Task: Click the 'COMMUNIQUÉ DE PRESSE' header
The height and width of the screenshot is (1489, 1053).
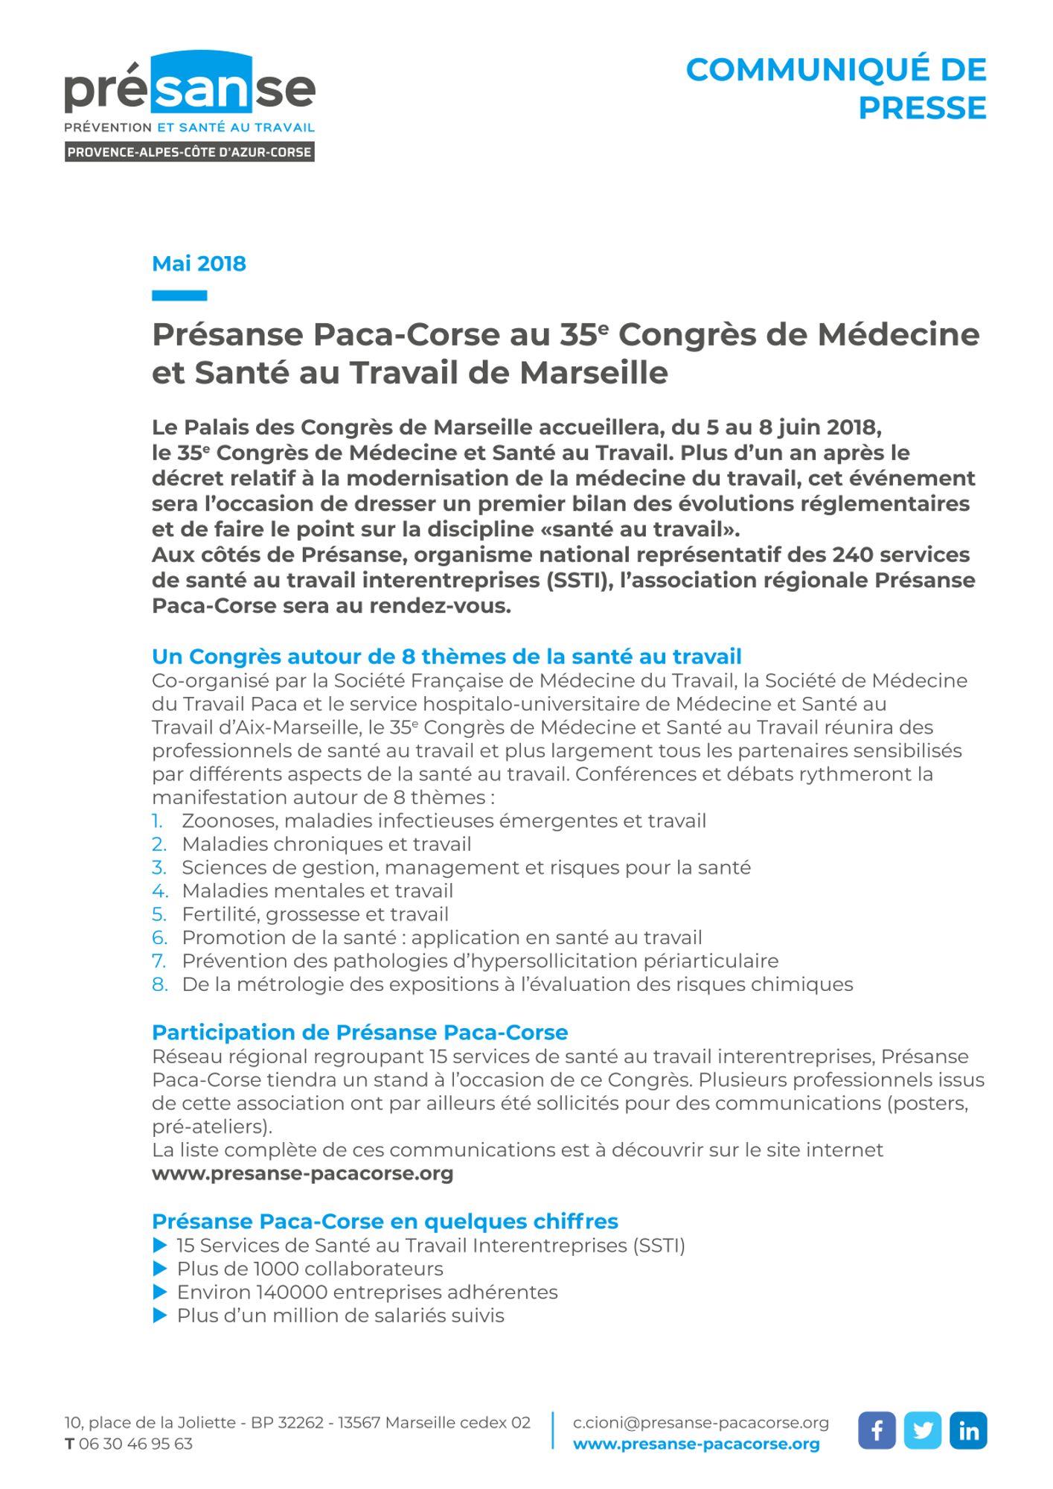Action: pyautogui.click(x=836, y=89)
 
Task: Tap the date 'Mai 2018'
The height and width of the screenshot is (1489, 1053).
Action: pyautogui.click(x=199, y=264)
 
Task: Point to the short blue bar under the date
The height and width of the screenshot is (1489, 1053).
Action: pyautogui.click(x=179, y=296)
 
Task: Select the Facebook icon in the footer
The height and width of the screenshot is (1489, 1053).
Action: pyautogui.click(x=877, y=1430)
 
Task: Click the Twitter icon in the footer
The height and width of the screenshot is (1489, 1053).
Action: pyautogui.click(x=923, y=1430)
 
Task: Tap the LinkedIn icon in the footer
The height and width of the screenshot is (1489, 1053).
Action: pyautogui.click(x=968, y=1430)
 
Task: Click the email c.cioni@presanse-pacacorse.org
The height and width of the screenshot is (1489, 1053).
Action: pyautogui.click(x=700, y=1423)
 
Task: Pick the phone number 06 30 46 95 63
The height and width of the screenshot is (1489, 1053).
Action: pyautogui.click(x=135, y=1444)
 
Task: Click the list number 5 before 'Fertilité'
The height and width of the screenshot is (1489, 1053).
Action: pyautogui.click(x=159, y=914)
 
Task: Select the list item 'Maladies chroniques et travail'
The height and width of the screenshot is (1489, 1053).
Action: pyautogui.click(x=327, y=844)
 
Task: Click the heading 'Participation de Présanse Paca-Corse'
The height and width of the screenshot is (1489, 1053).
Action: pyautogui.click(x=359, y=1033)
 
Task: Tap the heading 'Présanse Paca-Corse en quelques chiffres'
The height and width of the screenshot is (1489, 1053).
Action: pyautogui.click(x=385, y=1222)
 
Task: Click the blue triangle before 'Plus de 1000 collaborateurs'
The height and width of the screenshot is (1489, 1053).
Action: pyautogui.click(x=159, y=1269)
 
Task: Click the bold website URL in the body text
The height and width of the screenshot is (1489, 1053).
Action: pyautogui.click(x=302, y=1174)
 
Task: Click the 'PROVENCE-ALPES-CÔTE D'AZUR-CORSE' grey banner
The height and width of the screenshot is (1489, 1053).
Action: pyautogui.click(x=190, y=152)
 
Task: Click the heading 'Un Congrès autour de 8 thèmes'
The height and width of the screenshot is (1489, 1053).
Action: pyautogui.click(x=447, y=657)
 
